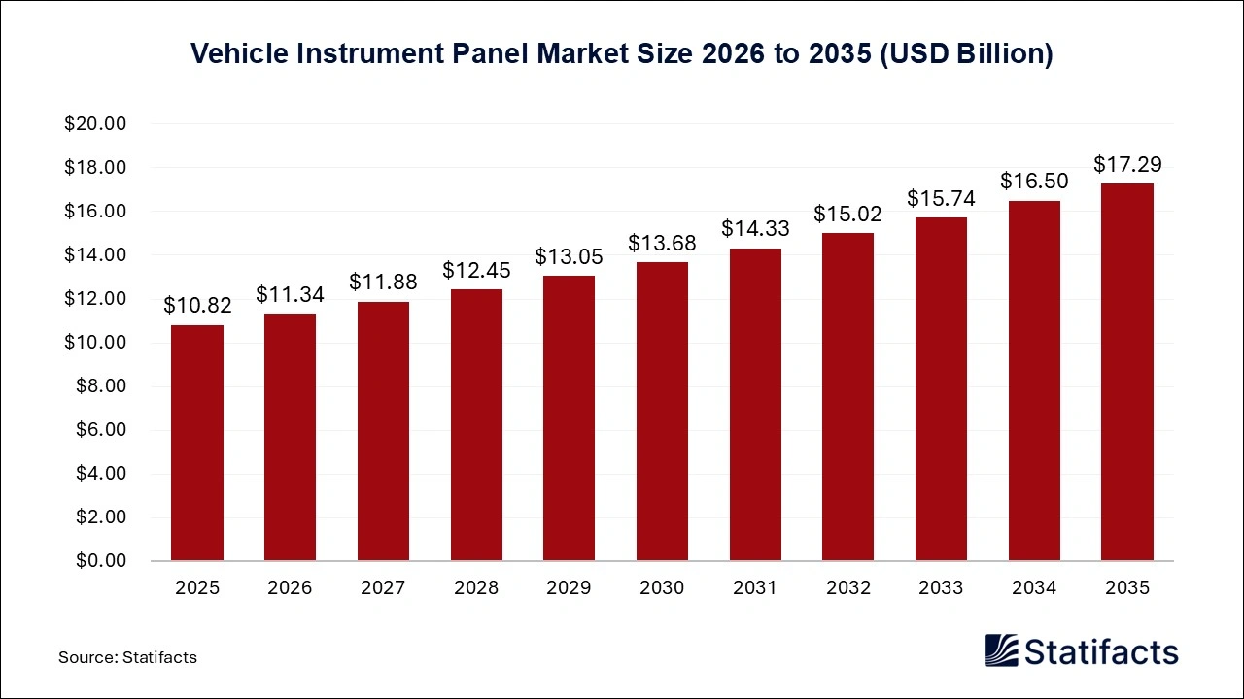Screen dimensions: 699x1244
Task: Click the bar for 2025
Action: [197, 443]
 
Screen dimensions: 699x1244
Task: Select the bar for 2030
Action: [662, 412]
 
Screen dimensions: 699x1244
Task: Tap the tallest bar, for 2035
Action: [1127, 372]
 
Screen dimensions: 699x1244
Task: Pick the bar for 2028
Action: [476, 425]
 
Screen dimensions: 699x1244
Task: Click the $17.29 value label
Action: [1127, 164]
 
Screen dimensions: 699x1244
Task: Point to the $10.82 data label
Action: [197, 306]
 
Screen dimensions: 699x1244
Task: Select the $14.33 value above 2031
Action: [755, 229]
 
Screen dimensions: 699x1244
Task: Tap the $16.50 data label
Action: [1034, 182]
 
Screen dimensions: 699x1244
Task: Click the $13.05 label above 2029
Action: [569, 257]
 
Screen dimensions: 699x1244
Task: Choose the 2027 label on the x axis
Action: [383, 587]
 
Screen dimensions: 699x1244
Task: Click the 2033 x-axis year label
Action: [941, 587]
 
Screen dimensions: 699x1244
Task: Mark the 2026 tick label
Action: [290, 587]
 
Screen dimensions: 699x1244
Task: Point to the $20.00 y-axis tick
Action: [95, 124]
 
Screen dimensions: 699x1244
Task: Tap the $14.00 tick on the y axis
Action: [95, 255]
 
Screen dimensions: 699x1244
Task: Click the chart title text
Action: [622, 54]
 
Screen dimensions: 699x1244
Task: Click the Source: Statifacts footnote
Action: [127, 657]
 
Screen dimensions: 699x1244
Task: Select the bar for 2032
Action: [847, 397]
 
